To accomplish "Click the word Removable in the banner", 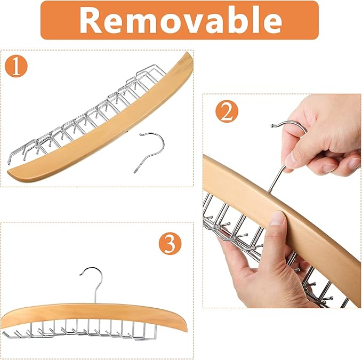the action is coord(181,20).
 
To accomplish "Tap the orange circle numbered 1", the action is coord(16,66).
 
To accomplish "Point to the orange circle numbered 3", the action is coord(170,244).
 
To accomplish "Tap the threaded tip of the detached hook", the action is coord(135,171).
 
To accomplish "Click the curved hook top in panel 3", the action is coord(92,269).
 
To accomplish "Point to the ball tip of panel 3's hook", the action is coord(81,275).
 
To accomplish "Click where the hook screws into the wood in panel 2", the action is coord(269,191).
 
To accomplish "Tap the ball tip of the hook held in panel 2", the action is coord(272,126).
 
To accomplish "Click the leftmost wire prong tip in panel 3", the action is coord(4,332).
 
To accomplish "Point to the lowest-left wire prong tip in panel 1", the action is coord(9,163).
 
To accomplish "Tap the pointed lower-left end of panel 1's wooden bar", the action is coord(9,172).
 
